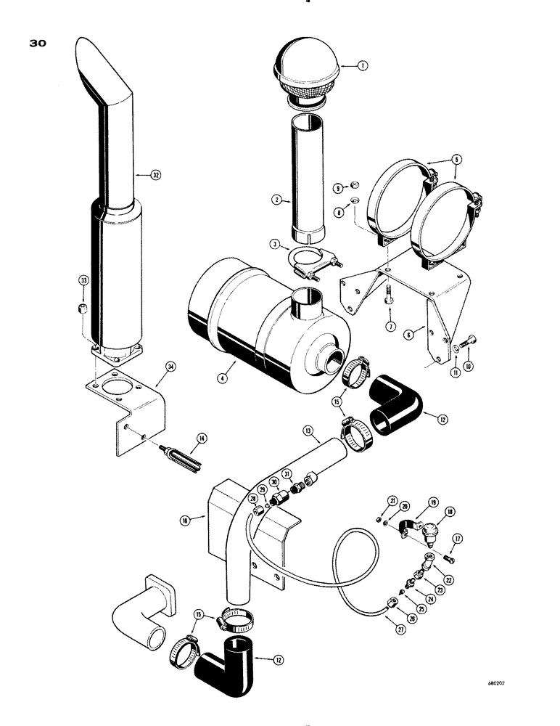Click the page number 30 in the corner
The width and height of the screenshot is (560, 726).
[x=38, y=44]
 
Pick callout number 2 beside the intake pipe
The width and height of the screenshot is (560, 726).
[x=277, y=199]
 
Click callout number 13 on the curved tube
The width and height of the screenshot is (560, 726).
[x=307, y=430]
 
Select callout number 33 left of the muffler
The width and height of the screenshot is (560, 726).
[x=83, y=281]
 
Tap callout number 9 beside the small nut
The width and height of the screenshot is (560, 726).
[x=337, y=188]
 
